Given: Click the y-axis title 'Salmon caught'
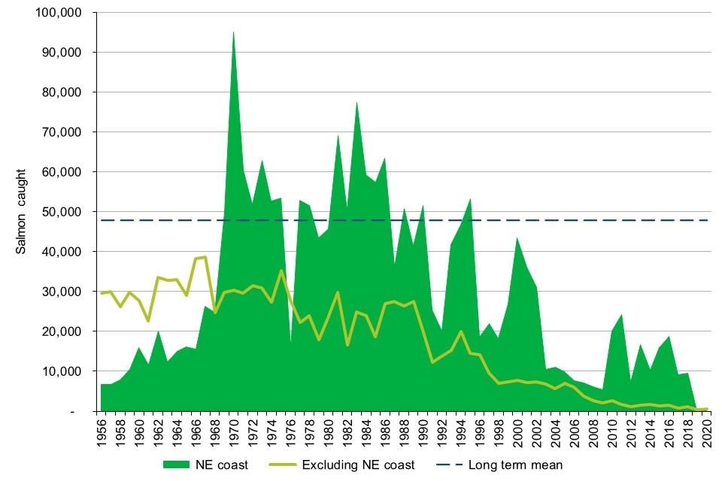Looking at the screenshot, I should click(23, 211).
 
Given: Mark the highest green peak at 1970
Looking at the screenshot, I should click(233, 32).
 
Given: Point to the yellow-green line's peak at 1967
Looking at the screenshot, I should click(205, 257).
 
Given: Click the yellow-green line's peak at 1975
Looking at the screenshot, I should click(281, 271).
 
